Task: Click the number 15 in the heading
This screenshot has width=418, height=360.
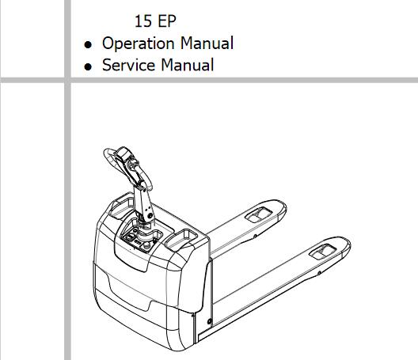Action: click(143, 21)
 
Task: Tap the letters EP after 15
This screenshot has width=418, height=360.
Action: click(167, 21)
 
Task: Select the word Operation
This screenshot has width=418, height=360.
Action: click(138, 44)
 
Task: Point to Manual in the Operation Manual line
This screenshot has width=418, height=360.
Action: click(207, 44)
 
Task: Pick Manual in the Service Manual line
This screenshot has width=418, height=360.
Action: click(188, 65)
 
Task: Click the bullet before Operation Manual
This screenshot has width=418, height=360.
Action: click(88, 44)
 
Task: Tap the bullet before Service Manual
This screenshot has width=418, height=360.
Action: click(88, 66)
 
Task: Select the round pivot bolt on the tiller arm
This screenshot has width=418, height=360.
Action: click(150, 215)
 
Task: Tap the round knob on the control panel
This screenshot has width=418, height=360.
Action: click(146, 246)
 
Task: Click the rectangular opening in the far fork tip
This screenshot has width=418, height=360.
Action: click(258, 214)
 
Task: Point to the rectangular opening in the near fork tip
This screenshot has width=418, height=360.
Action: click(322, 252)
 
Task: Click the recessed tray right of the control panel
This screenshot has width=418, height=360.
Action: click(181, 238)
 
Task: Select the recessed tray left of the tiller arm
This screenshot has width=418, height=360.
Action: click(122, 206)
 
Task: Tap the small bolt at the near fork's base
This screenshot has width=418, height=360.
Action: click(210, 321)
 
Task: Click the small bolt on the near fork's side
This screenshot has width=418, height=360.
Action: click(319, 273)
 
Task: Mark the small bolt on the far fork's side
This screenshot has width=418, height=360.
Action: click(255, 236)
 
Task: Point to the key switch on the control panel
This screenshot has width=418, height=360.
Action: click(131, 237)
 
